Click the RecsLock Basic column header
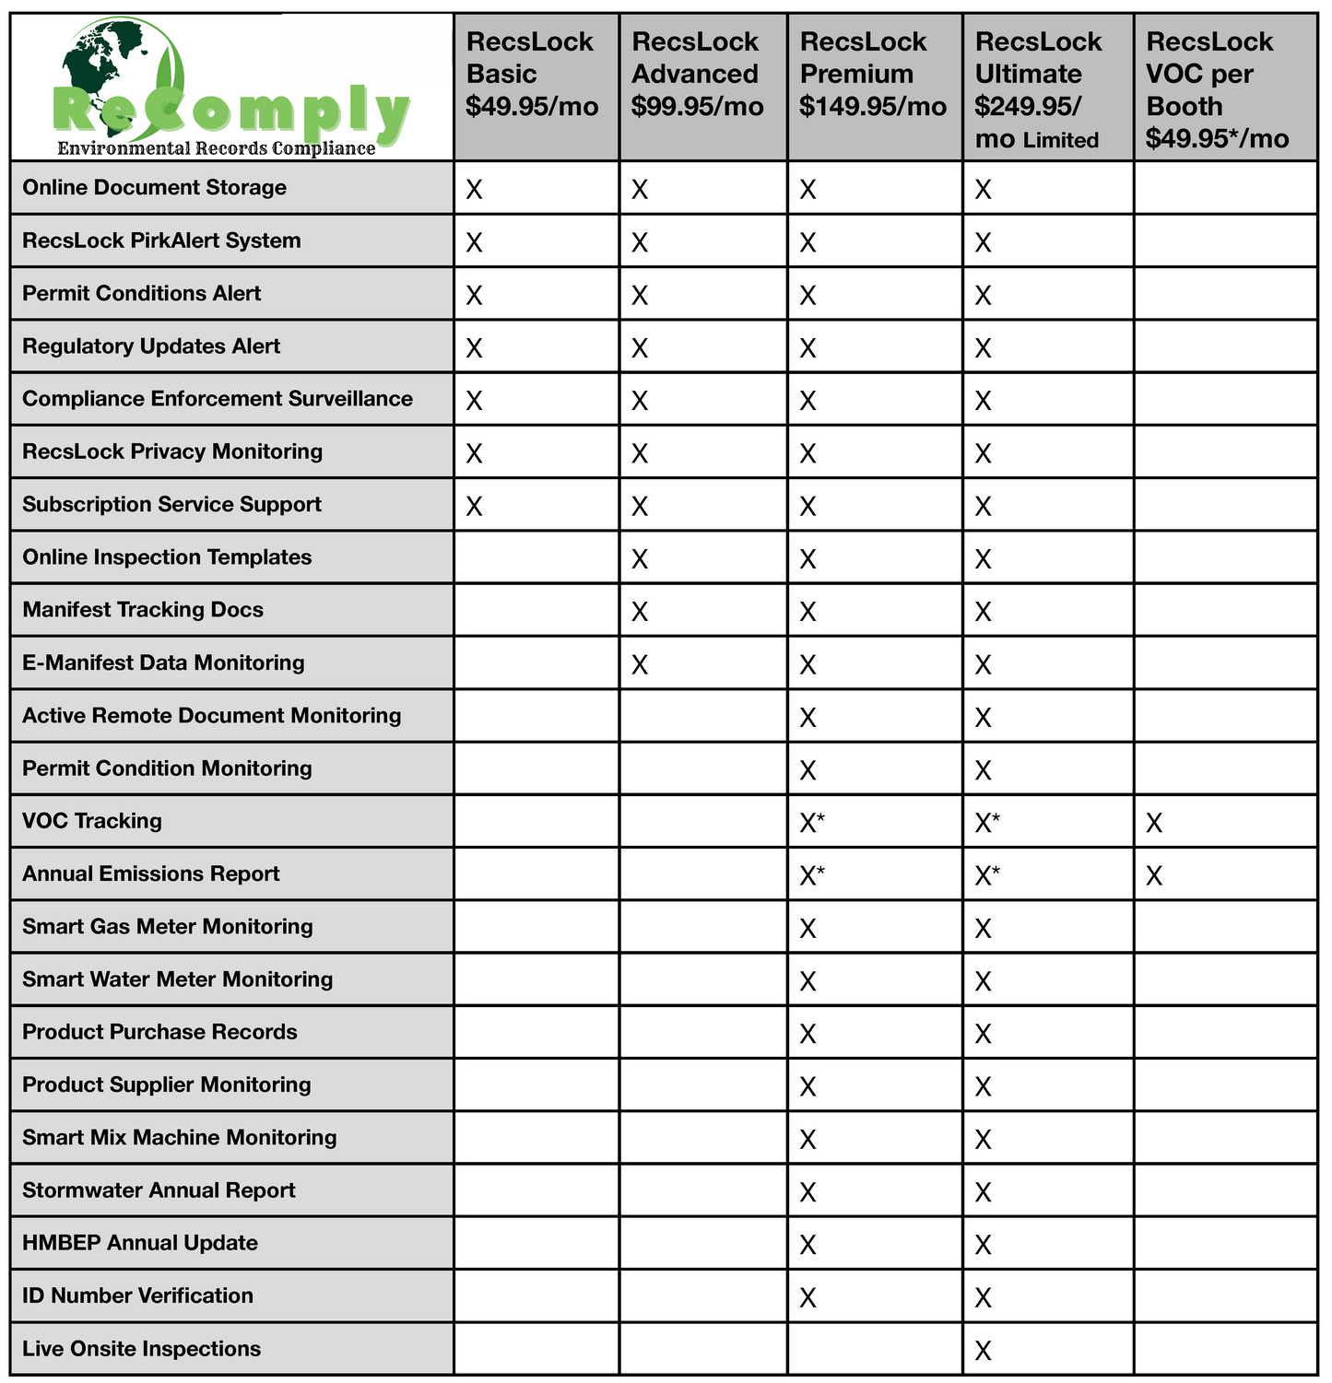531,74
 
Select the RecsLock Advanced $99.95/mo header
697,74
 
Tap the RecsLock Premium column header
872,74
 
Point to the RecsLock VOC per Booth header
1217,89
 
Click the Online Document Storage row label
154,188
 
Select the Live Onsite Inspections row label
141,1349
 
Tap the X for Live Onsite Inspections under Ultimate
983,1351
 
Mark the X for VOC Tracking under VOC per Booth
1153,823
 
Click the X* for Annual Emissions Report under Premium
811,875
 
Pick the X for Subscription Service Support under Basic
474,506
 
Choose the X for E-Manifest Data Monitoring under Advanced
639,664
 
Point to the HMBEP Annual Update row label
139,1243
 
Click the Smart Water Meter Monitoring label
177,979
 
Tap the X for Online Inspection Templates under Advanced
639,559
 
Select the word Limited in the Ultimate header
1060,140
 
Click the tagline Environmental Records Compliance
216,148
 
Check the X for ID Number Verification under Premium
807,1297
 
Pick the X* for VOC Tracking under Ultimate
986,823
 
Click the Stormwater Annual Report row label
159,1190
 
